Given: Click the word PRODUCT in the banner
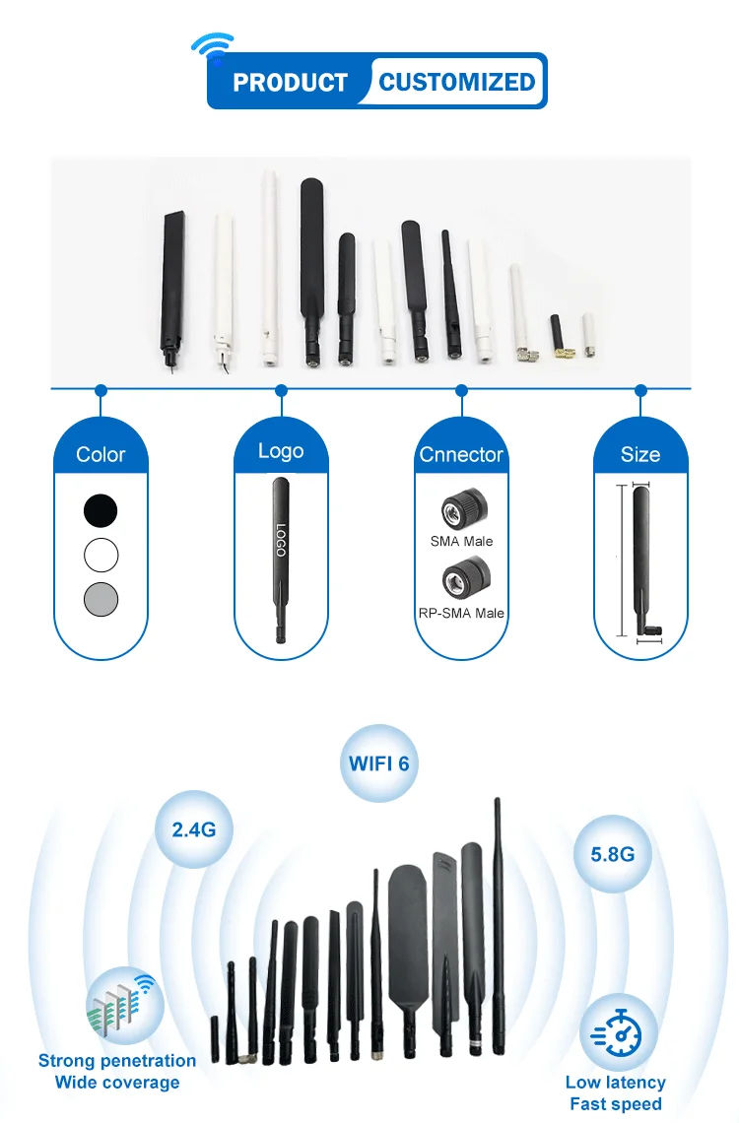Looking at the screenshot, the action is pyautogui.click(x=290, y=83).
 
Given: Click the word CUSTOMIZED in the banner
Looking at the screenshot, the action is pyautogui.click(x=457, y=82).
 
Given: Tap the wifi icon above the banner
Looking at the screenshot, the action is pyautogui.click(x=212, y=46).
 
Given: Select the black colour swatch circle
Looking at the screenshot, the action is pyautogui.click(x=101, y=510).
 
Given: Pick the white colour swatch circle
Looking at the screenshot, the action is pyautogui.click(x=101, y=556).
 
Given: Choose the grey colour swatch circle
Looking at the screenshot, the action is pyautogui.click(x=101, y=599).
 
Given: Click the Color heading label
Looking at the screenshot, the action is pyautogui.click(x=101, y=455).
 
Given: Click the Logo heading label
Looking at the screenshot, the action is pyautogui.click(x=281, y=451).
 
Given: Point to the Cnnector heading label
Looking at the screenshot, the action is pyautogui.click(x=461, y=455).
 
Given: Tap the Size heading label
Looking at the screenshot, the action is pyautogui.click(x=640, y=455).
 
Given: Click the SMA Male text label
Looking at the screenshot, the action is pyautogui.click(x=461, y=541).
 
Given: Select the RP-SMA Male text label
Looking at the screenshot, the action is pyautogui.click(x=461, y=613).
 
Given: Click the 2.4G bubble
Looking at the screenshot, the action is pyautogui.click(x=194, y=829).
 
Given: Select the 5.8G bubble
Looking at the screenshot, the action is pyautogui.click(x=612, y=854).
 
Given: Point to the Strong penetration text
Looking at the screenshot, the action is pyautogui.click(x=117, y=1061).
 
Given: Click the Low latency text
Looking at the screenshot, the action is pyautogui.click(x=616, y=1083).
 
